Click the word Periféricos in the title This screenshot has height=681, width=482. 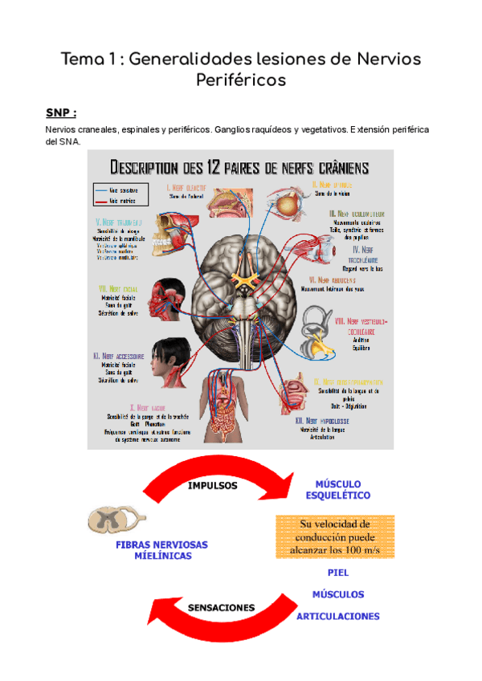click(240, 80)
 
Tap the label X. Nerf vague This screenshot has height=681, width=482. click(150, 407)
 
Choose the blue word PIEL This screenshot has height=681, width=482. click(338, 573)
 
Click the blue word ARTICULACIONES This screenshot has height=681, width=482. click(338, 616)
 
